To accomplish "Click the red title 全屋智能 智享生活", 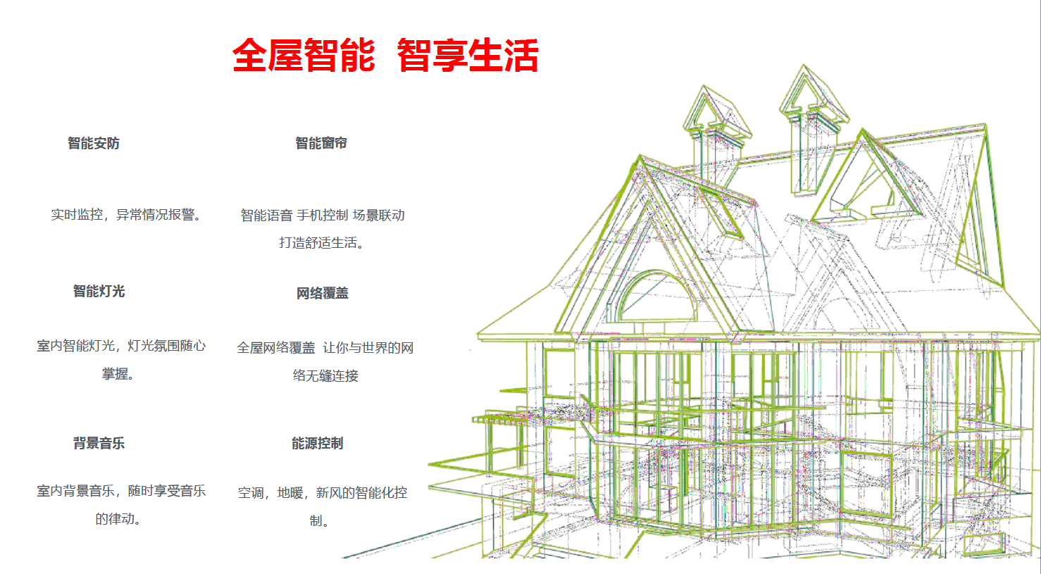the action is [385, 56].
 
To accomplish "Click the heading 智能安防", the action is [94, 143].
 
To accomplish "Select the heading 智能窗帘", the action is [321, 143].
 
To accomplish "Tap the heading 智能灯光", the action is [99, 292].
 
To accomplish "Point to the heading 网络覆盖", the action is [323, 293].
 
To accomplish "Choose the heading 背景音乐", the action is [99, 444].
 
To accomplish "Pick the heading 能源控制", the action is [318, 444].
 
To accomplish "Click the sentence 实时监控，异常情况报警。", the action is [126, 215].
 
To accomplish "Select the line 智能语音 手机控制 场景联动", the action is [323, 216].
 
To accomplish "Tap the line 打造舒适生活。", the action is [322, 242].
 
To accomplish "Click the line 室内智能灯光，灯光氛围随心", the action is [121, 346].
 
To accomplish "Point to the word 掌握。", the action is [118, 374].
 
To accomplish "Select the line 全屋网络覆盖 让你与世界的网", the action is [325, 348].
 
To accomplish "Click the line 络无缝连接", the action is [326, 375].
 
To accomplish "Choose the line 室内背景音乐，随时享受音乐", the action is [121, 491].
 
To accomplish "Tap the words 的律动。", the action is [118, 518].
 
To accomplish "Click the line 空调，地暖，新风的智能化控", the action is [323, 493].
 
